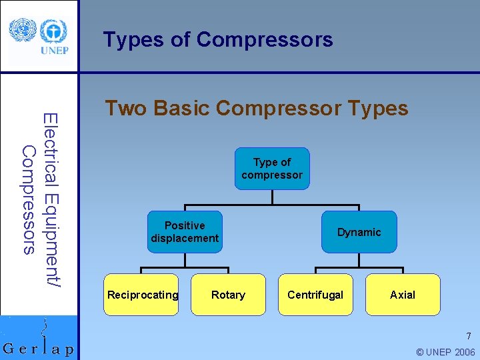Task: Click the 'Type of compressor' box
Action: (272, 169)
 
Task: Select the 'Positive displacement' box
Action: (185, 232)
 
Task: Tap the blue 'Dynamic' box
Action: (359, 232)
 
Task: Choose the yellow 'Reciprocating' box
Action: (143, 295)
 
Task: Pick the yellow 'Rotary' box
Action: (228, 295)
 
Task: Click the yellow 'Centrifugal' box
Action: (315, 295)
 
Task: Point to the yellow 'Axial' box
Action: (403, 295)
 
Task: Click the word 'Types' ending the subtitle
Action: (377, 108)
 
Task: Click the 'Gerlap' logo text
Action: (38, 349)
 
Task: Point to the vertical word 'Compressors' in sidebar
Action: (28, 200)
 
